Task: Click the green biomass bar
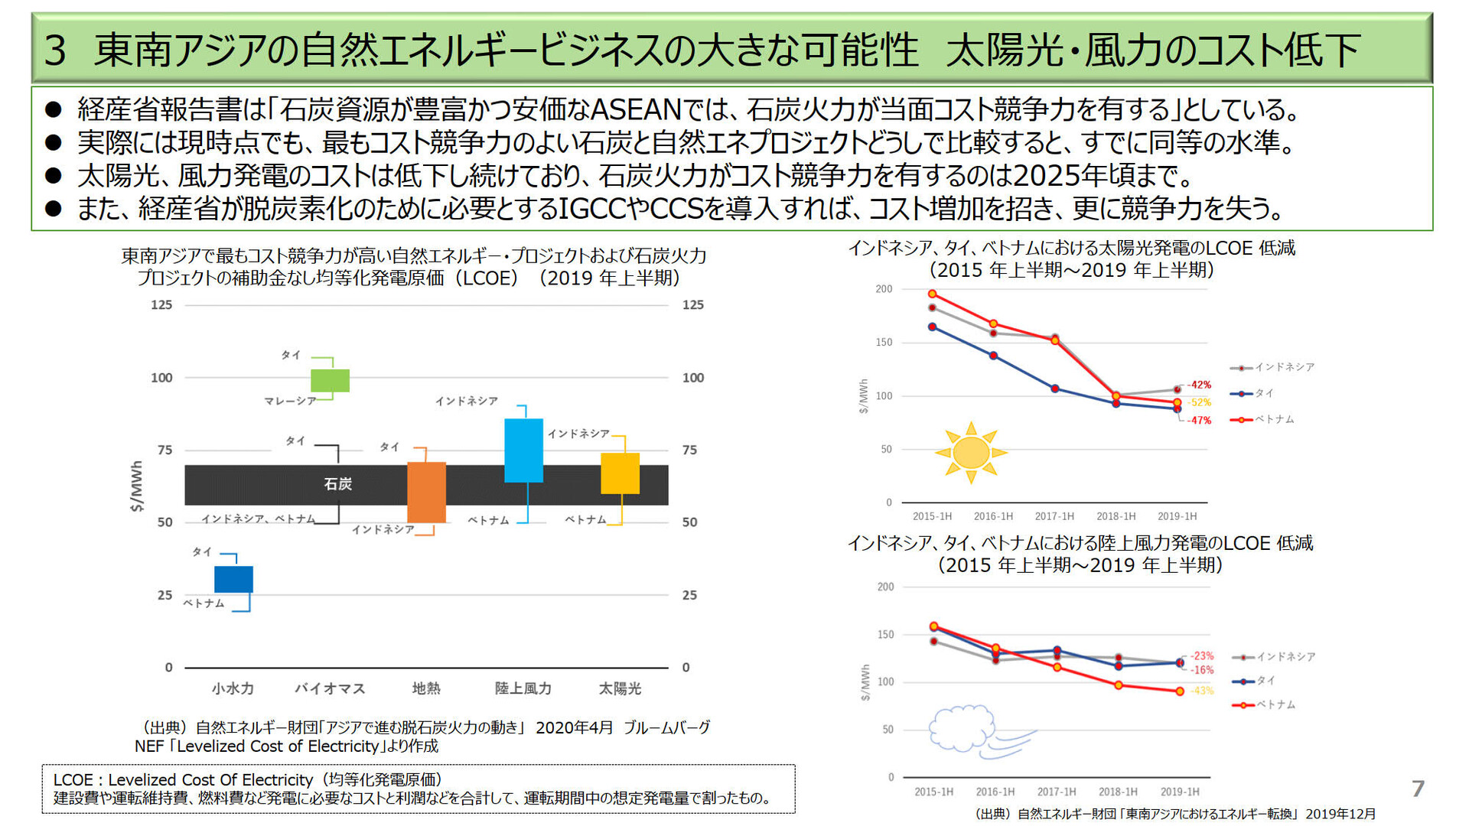click(330, 380)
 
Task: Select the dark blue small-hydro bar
click(233, 579)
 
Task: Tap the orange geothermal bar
click(426, 492)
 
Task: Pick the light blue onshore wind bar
click(523, 450)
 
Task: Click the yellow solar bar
click(620, 473)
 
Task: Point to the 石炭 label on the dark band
click(337, 484)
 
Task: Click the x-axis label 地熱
click(426, 688)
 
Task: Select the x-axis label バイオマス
click(330, 688)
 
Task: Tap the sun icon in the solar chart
click(971, 452)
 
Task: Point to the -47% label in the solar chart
click(1199, 421)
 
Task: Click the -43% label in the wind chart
click(1201, 691)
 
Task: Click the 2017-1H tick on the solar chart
click(1054, 516)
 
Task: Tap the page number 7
click(1418, 789)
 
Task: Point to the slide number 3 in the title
click(55, 50)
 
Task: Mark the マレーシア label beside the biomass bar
click(290, 401)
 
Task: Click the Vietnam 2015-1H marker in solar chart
click(932, 294)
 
